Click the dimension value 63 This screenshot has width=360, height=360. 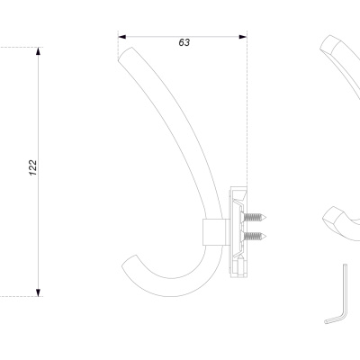184,42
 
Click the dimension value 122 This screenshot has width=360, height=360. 33,167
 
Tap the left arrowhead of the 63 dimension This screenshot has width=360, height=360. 122,37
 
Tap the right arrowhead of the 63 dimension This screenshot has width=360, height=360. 243,37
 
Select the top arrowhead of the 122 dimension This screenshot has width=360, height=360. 38,51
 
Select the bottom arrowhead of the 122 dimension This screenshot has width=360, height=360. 38,292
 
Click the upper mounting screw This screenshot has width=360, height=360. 254,217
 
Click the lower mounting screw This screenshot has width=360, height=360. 254,237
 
